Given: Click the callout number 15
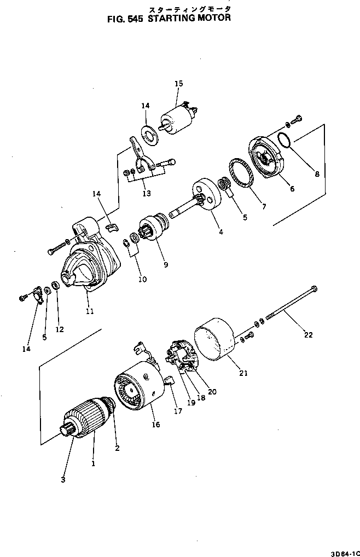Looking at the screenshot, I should [x=178, y=84].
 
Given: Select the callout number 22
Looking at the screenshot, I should [x=308, y=335].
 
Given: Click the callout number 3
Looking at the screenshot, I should [x=63, y=479].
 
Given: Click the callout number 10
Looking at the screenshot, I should [x=142, y=279].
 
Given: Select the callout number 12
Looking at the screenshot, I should [x=60, y=329].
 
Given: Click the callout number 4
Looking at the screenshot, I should [x=220, y=231].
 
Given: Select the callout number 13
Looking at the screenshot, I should [x=144, y=193].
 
